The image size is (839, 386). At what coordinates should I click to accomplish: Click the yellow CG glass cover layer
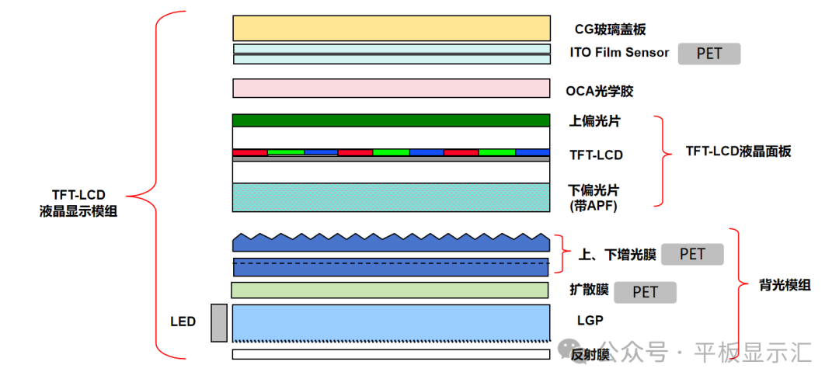392,28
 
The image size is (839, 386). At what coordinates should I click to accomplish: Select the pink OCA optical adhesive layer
392,88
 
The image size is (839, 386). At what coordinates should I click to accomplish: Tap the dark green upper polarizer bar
392,120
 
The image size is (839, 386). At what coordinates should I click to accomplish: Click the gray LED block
219,322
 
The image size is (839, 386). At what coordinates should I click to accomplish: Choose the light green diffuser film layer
390,290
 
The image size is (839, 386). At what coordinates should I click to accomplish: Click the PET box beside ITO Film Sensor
709,54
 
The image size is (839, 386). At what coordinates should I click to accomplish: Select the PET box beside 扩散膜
645,292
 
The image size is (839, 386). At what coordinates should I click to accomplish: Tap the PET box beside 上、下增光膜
692,254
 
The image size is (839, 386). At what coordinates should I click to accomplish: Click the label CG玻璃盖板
610,30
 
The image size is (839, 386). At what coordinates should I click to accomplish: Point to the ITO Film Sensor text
619,53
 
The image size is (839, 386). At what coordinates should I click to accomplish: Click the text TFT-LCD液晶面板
738,151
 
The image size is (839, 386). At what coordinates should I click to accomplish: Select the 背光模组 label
785,285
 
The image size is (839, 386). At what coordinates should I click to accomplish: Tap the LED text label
183,322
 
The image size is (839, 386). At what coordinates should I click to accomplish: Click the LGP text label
590,320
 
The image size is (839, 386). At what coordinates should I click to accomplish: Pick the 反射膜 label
589,355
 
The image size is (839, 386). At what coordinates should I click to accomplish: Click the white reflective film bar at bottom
392,354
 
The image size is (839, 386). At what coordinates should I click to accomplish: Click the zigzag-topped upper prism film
392,242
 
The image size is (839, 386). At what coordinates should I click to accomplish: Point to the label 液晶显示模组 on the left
78,210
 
